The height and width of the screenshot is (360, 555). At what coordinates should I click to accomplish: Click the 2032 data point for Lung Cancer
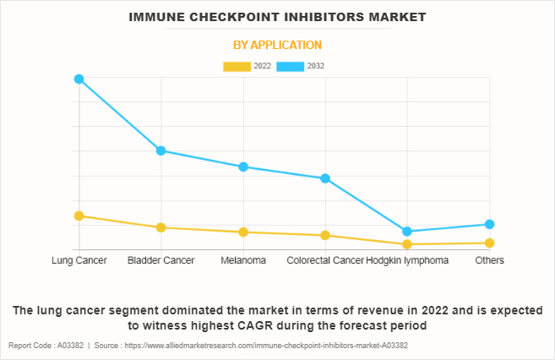point(79,79)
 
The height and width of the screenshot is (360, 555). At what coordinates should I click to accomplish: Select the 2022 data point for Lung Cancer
point(79,215)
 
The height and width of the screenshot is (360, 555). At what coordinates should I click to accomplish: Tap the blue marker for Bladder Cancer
point(161,150)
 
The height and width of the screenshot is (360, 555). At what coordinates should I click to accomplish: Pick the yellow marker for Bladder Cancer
point(161,227)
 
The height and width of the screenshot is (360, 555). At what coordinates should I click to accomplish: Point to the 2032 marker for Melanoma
point(243,166)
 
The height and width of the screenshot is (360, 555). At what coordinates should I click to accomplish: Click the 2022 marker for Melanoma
point(243,232)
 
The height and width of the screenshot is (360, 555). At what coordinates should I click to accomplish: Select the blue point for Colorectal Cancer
point(325,178)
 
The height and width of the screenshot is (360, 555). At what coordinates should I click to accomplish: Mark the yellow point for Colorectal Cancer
point(325,235)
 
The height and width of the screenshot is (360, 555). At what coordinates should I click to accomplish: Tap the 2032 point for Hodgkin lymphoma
point(407,231)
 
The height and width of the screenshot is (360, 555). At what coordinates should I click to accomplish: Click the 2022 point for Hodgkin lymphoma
point(407,244)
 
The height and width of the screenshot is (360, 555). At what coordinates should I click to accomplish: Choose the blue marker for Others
point(489,224)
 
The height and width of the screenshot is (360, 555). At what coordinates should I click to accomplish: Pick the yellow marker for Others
point(489,243)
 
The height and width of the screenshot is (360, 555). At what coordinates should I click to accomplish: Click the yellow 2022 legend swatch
point(237,66)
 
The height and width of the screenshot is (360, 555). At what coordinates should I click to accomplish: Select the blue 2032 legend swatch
point(291,66)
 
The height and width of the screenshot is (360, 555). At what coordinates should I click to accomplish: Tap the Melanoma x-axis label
point(243,260)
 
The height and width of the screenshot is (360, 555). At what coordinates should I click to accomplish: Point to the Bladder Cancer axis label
point(161,260)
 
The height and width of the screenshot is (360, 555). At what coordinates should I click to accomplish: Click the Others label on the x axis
point(489,260)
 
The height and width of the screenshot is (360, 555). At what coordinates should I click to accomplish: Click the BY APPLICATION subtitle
point(277,45)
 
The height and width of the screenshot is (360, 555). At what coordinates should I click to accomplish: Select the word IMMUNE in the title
point(160,16)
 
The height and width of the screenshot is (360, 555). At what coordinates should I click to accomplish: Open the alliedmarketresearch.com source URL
point(263,346)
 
